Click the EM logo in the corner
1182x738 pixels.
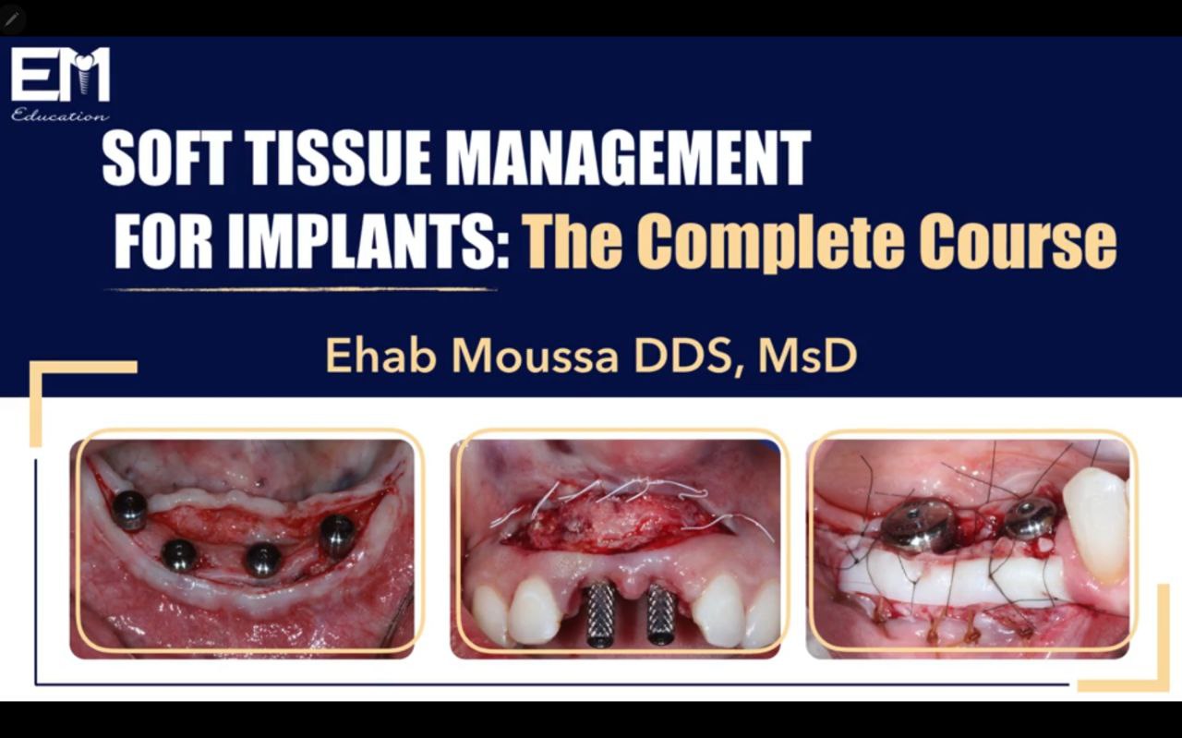(x=60, y=75)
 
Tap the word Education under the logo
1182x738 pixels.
(x=60, y=115)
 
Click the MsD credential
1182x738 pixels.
(x=807, y=356)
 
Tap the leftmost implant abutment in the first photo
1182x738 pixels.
(x=129, y=510)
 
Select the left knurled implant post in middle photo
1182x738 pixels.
(x=600, y=613)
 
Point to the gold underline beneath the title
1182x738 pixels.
(x=301, y=289)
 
